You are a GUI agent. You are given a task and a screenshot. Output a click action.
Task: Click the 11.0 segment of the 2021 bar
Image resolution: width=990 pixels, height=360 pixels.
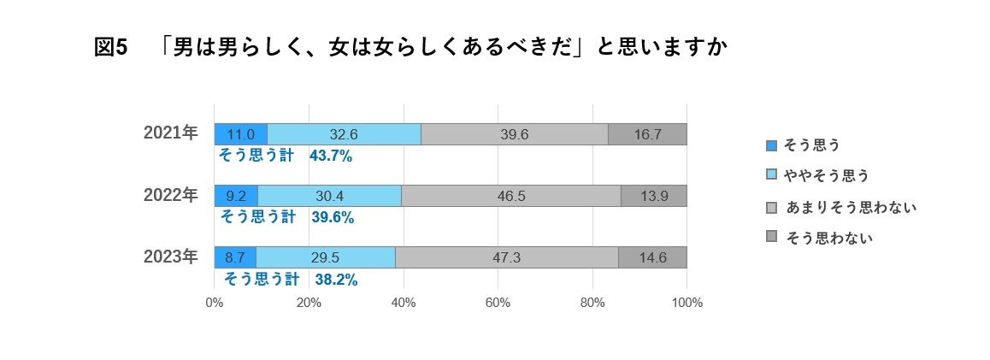tap(240, 134)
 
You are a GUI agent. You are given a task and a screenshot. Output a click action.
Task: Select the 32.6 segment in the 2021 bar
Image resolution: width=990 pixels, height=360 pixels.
tap(344, 134)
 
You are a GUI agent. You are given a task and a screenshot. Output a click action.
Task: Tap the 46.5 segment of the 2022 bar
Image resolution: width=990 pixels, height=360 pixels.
tap(511, 196)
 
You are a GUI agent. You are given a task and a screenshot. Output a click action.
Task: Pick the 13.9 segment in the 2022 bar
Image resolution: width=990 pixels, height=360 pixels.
tap(654, 196)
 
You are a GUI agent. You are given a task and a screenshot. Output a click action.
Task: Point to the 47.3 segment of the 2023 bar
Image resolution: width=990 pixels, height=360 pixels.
tap(506, 257)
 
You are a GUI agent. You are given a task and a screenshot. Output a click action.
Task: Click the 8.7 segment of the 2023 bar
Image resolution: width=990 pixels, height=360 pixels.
tap(235, 257)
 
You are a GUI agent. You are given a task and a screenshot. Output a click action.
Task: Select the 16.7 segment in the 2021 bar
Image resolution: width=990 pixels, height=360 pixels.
tap(647, 134)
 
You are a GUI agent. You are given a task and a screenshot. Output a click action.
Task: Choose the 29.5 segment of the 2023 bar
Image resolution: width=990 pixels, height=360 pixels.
tap(326, 257)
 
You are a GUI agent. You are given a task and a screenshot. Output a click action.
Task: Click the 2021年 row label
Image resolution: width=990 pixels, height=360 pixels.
tap(171, 133)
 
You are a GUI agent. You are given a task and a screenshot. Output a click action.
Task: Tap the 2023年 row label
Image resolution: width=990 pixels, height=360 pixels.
tap(171, 257)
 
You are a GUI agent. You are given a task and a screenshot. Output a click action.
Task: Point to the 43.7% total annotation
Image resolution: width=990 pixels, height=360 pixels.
tap(332, 156)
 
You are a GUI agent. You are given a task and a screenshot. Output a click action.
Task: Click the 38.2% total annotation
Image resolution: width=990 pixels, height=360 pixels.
tap(336, 280)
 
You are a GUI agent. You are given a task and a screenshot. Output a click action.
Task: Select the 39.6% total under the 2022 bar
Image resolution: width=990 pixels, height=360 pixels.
tap(333, 217)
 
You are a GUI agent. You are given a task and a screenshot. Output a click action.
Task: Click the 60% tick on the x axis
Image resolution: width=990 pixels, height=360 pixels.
tap(498, 303)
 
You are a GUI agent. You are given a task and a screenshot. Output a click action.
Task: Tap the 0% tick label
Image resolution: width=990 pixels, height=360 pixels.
tap(215, 303)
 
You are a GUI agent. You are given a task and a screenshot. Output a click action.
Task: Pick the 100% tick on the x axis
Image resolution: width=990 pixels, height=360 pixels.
tap(687, 303)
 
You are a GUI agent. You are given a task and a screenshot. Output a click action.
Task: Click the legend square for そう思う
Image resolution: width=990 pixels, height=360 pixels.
tap(771, 145)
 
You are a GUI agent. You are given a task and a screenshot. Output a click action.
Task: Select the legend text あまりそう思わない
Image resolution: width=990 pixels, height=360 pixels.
tap(851, 207)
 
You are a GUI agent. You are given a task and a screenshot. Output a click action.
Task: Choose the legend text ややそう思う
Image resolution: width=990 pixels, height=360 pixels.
tap(827, 175)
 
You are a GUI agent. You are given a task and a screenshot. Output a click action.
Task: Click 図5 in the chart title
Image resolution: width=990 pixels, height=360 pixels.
tap(110, 48)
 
